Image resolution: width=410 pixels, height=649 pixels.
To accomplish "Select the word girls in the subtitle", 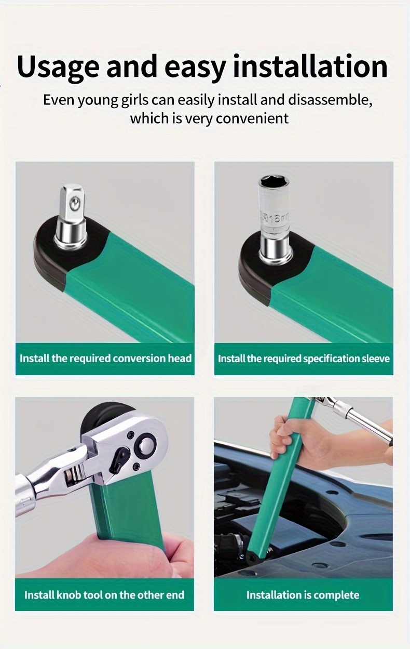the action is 134,101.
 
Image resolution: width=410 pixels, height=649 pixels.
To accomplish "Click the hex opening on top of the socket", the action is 273,182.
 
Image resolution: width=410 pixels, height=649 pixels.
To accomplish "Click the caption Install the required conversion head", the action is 105,359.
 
